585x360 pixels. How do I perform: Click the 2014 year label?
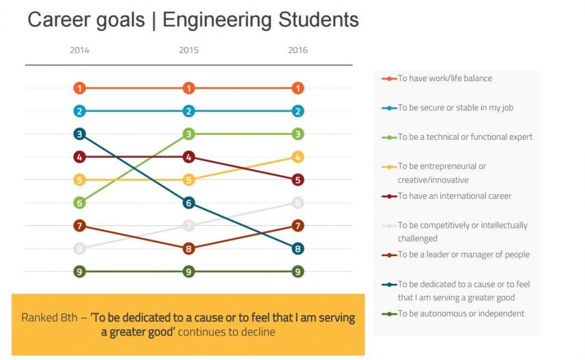coord(79,50)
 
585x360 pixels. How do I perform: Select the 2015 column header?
coord(189,50)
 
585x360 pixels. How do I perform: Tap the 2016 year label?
coord(298,50)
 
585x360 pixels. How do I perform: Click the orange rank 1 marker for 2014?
coord(79,88)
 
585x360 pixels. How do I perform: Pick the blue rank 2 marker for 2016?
coord(298,111)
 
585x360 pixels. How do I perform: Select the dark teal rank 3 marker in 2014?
coord(79,134)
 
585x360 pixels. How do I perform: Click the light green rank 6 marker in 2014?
coord(79,203)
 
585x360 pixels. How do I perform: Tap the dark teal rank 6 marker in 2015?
coord(189,203)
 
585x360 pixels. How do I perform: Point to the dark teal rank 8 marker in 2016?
coord(298,249)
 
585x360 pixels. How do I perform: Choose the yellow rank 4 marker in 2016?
coord(298,157)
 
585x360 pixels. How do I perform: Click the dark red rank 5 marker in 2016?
coord(298,180)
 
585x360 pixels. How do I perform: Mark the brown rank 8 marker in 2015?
coord(189,249)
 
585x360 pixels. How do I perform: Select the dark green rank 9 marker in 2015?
coord(189,272)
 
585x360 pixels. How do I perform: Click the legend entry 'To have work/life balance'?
coord(445,79)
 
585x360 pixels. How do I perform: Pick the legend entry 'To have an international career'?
coord(454,196)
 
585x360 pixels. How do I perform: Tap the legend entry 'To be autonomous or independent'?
coord(460,313)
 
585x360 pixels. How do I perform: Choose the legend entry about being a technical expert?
coord(465,137)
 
